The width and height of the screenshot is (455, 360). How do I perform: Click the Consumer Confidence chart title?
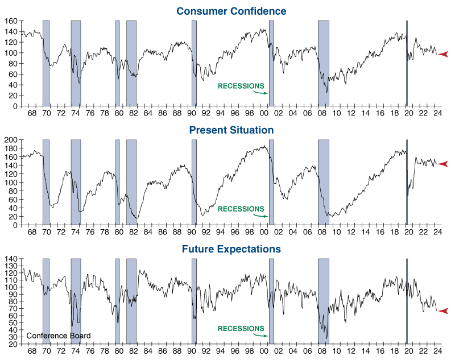click(231, 11)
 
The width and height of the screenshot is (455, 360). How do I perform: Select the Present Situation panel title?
click(231, 130)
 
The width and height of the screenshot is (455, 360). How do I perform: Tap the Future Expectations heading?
click(231, 249)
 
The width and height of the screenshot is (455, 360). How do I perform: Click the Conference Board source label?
click(58, 336)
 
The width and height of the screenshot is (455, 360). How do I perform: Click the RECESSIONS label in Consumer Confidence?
click(241, 86)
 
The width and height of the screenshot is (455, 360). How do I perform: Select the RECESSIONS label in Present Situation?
click(241, 209)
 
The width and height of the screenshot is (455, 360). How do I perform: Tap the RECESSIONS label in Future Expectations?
click(241, 328)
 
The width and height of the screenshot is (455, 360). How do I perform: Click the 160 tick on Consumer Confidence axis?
click(10, 21)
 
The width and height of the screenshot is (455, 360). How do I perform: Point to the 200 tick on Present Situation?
click(10, 139)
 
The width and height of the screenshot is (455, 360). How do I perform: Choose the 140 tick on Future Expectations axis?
click(10, 259)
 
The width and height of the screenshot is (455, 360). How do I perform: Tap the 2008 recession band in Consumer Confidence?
click(323, 63)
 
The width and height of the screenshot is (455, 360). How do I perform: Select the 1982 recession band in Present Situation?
click(131, 182)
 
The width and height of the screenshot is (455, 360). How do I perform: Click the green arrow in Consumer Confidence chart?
click(260, 92)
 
